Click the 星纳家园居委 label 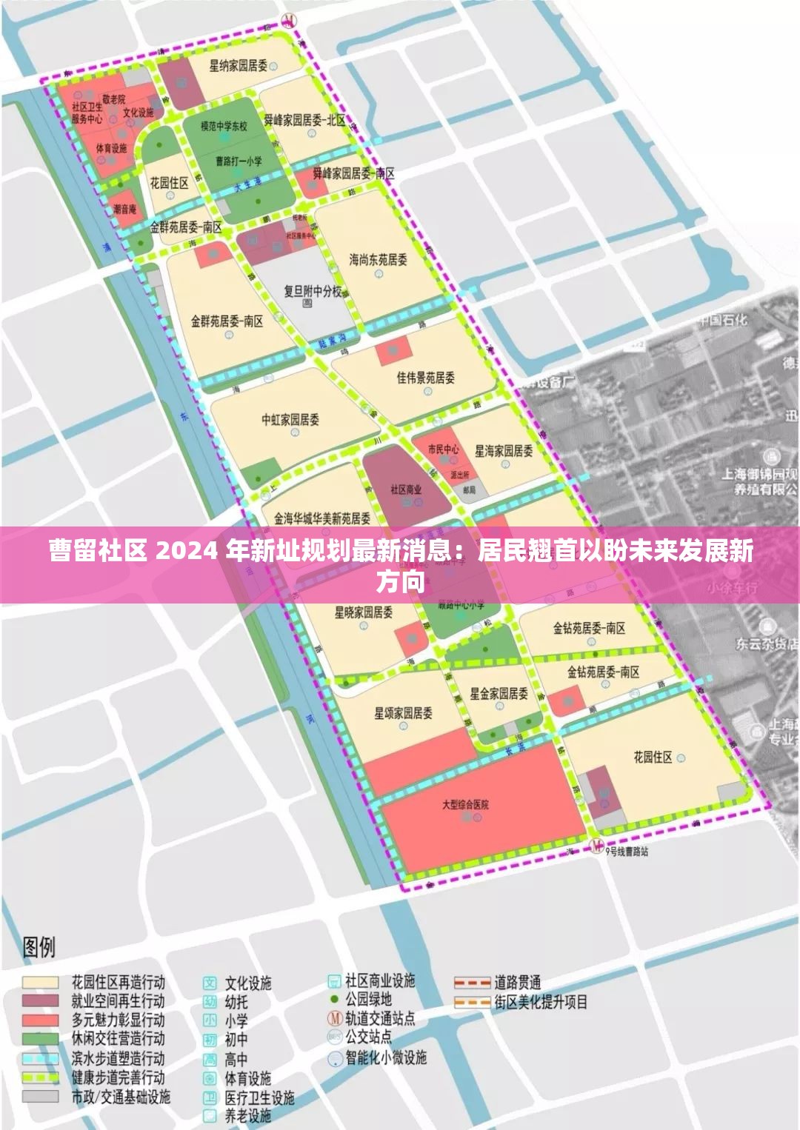coord(238,66)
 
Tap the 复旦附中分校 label coord(313,291)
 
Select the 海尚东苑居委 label coord(378,260)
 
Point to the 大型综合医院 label coord(465,804)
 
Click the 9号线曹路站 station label coord(626,852)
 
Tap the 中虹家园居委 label coord(290,420)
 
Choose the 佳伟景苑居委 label coord(425,378)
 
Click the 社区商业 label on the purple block coord(406,489)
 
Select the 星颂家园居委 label coord(403,713)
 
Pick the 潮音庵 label coord(125,210)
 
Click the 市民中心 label coord(443,449)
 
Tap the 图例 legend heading coord(39,946)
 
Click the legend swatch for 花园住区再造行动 coord(41,983)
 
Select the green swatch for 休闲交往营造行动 coord(41,1039)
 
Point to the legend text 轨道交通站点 coord(380,1018)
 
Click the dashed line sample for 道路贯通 coord(472,983)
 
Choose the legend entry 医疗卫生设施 coord(259,1097)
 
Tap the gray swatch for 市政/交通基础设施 coord(41,1096)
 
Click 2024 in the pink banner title coord(187,551)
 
